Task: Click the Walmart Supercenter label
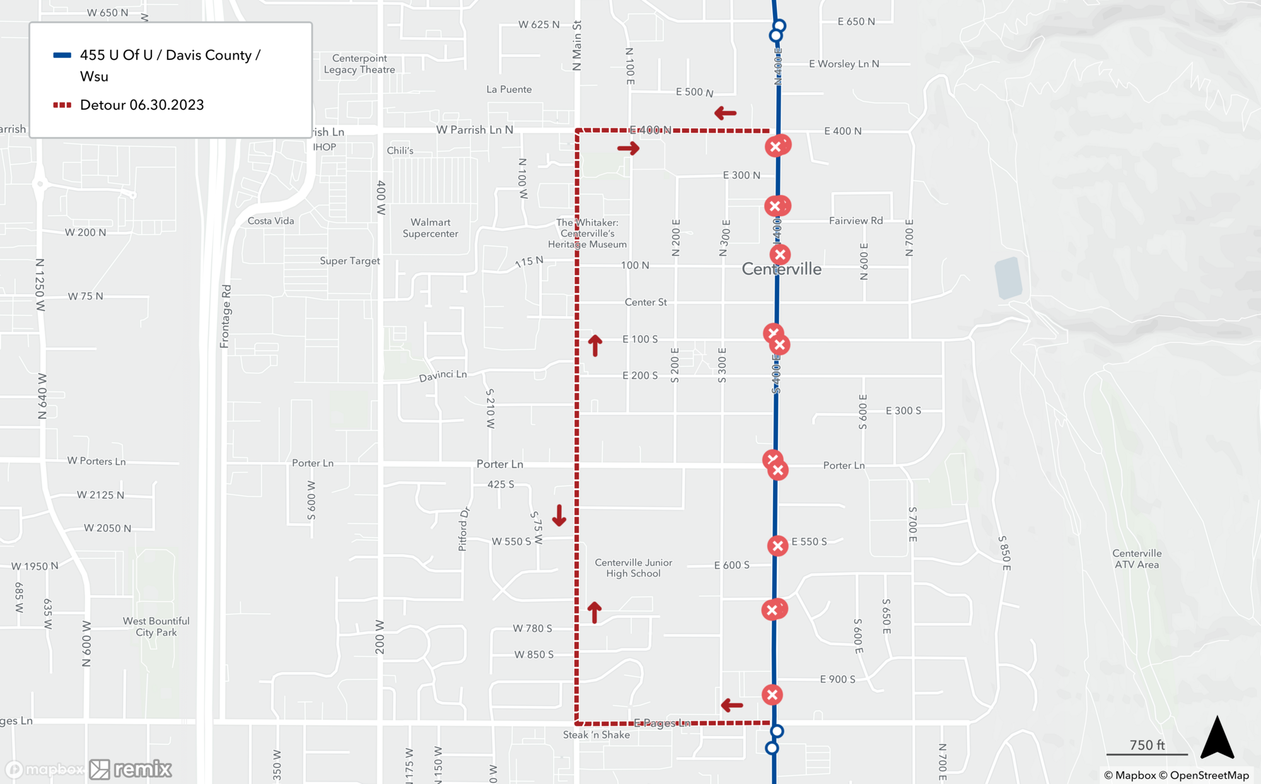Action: coord(430,228)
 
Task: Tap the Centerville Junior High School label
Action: coord(633,568)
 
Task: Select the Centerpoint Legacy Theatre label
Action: coord(359,64)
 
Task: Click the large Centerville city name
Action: coord(781,269)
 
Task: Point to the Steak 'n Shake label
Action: coord(596,735)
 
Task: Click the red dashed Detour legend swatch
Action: coord(62,105)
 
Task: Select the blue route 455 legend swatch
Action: coord(62,56)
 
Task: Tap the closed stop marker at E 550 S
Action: coord(777,546)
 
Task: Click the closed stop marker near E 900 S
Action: coord(772,694)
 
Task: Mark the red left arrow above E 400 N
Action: coord(725,114)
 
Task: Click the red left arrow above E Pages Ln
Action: coord(731,705)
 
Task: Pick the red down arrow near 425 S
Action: coord(559,515)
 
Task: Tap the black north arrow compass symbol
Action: coord(1216,737)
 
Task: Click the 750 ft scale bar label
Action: coord(1147,745)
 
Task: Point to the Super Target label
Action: coord(349,261)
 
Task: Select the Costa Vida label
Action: coord(270,221)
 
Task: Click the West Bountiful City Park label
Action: coord(156,627)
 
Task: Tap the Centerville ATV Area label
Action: coord(1136,559)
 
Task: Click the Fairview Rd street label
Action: coord(856,221)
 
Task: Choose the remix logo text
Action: coord(142,769)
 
